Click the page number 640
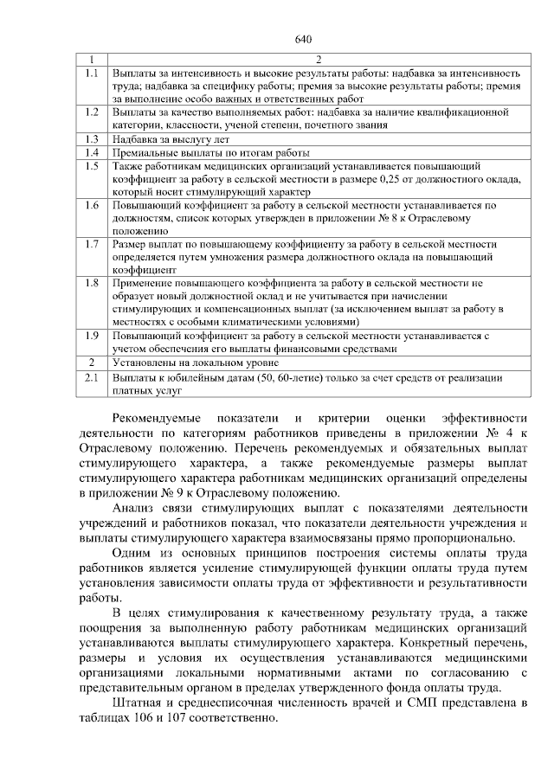(302, 39)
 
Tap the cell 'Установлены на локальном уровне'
(190, 362)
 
